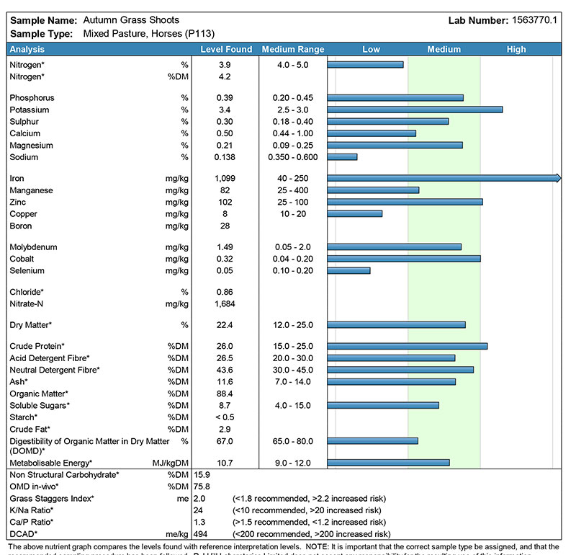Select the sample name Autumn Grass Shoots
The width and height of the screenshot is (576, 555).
[131, 20]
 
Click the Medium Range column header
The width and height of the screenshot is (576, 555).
[293, 50]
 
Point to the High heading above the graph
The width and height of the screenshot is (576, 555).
[516, 50]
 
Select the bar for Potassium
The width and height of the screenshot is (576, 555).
[415, 110]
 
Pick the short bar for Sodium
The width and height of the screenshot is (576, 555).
[342, 157]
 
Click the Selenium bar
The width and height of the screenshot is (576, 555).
[348, 271]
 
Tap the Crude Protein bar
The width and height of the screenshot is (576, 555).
[408, 346]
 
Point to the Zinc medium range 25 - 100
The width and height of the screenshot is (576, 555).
[293, 202]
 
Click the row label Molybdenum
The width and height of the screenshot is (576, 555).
[33, 247]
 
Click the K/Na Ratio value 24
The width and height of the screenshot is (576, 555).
[199, 510]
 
